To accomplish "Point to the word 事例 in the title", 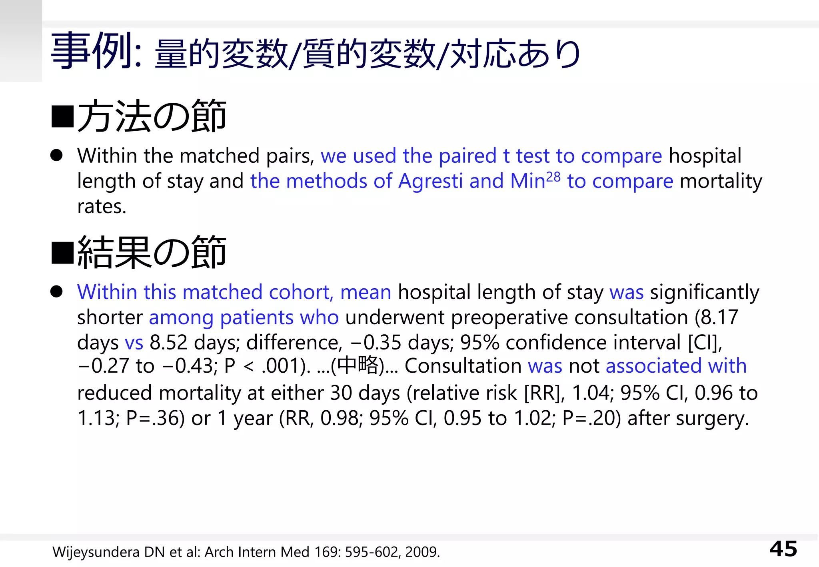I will [x=92, y=51].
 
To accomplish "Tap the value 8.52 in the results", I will [x=168, y=343].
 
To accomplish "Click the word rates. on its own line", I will [x=102, y=207].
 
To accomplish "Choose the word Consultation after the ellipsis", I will [x=463, y=366].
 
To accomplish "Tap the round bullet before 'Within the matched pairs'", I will [x=56, y=156].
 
